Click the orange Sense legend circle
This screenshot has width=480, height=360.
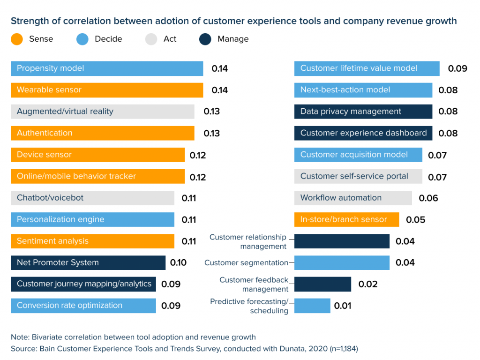(17, 39)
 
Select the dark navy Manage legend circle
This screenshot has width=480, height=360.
(205, 39)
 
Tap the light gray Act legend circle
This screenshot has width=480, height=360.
(151, 39)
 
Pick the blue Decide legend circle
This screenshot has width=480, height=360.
(82, 39)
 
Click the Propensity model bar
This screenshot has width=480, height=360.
(107, 68)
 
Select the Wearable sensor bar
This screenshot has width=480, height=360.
(107, 90)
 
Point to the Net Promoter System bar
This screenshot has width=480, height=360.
(88, 262)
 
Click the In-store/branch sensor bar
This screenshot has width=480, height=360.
(347, 219)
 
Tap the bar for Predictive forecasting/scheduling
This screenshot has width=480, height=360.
(312, 306)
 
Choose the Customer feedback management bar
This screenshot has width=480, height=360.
(322, 284)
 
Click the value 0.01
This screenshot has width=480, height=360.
(343, 306)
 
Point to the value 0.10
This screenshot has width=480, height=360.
(178, 262)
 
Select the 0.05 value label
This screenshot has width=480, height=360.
(415, 220)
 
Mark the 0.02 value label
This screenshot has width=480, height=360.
(368, 285)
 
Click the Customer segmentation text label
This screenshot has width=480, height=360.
(246, 263)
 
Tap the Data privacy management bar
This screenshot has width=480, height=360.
(363, 112)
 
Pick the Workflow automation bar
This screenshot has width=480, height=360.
(353, 198)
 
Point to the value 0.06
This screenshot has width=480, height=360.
(428, 198)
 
